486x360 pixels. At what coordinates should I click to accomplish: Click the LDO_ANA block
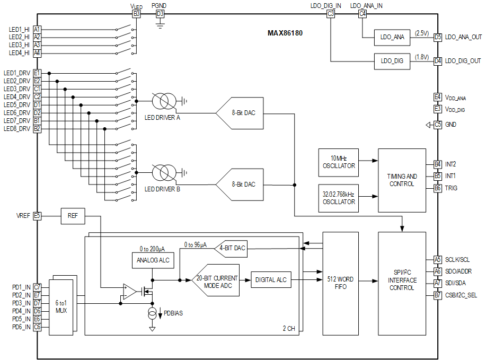point(392,37)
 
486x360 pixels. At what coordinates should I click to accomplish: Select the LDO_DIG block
point(392,61)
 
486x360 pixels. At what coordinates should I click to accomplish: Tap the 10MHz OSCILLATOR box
point(339,162)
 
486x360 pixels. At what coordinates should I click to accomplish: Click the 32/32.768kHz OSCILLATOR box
point(339,198)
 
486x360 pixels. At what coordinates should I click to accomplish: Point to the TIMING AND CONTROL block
point(402,180)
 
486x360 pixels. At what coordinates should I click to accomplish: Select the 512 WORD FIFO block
point(340,283)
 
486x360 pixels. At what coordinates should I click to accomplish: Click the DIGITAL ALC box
point(271,279)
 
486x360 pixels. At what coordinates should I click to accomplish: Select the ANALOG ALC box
point(152,260)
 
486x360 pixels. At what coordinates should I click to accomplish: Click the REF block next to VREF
point(73,216)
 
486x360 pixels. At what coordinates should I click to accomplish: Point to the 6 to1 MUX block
point(61,306)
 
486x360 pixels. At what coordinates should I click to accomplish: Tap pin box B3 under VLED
point(137,14)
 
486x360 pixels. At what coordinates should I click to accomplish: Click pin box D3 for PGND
point(160,14)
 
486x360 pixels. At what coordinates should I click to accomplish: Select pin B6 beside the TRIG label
point(437,188)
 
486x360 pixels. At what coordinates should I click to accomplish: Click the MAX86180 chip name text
point(285,33)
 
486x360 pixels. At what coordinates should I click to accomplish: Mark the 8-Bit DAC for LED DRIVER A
point(240,113)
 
